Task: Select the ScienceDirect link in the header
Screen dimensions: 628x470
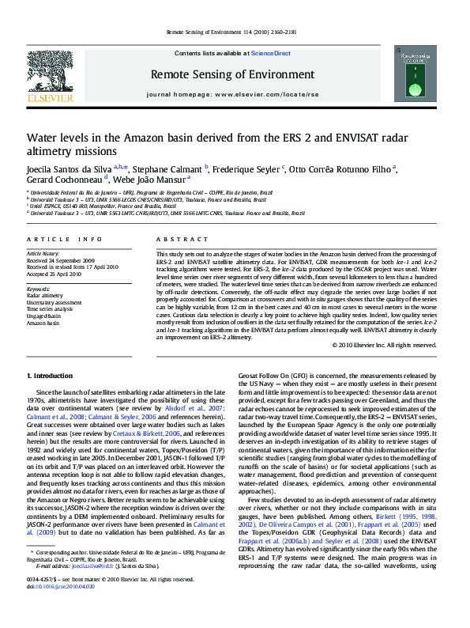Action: click(x=271, y=53)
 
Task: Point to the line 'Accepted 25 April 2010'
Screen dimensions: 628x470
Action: click(x=55, y=273)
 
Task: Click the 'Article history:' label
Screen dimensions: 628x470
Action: click(x=43, y=253)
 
